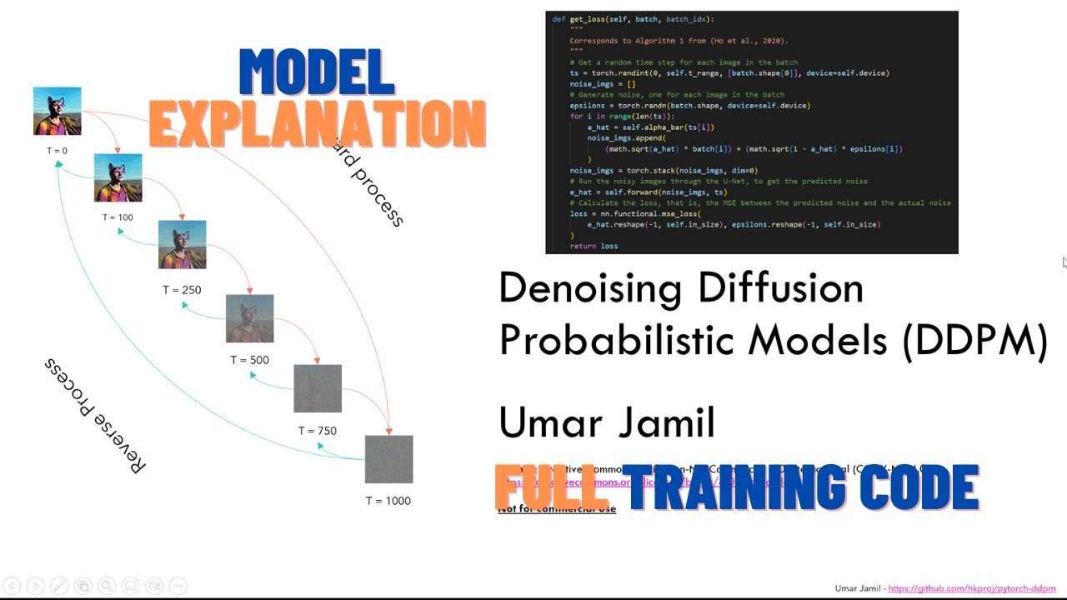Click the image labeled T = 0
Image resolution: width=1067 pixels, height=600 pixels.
[x=58, y=111]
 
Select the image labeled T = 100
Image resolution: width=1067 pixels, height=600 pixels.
[x=118, y=177]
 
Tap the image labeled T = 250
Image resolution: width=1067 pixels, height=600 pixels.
[x=183, y=244]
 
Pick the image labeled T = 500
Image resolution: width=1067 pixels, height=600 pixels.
[x=249, y=318]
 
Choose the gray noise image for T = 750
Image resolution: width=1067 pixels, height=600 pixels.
[x=318, y=388]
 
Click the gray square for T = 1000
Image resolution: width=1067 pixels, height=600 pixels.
[x=388, y=459]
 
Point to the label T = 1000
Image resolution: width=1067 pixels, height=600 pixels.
[x=388, y=501]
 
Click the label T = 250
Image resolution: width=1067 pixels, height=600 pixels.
[x=182, y=290]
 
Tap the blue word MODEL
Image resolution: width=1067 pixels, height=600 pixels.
[x=317, y=72]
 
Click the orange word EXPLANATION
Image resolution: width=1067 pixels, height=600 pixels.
[x=317, y=125]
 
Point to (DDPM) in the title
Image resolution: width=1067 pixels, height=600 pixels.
[x=974, y=340]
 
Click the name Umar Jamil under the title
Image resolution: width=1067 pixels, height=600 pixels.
[x=607, y=422]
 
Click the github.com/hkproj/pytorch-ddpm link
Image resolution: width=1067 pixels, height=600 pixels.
[x=972, y=588]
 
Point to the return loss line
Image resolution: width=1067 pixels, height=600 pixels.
[x=594, y=246]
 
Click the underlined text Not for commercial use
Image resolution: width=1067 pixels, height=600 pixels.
[x=557, y=509]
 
